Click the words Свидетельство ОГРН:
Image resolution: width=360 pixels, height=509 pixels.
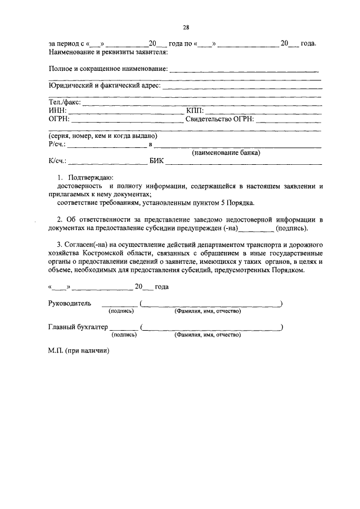220,119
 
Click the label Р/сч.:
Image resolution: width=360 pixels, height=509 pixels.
58,145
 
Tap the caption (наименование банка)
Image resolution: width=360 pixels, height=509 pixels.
226,152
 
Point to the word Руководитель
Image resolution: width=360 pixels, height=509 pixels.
69,303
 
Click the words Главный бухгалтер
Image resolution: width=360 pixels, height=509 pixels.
78,327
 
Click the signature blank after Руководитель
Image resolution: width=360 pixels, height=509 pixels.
123,304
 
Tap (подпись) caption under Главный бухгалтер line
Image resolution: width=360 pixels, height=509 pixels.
124,335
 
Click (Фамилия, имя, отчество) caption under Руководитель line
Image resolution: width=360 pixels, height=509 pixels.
208,311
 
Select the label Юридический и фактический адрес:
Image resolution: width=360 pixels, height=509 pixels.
105,85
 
